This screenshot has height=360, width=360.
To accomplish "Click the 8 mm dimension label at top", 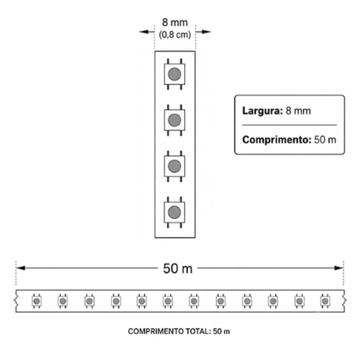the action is click(x=175, y=22).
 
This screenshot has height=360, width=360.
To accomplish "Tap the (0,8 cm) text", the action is click(x=175, y=35).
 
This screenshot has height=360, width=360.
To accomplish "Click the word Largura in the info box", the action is click(x=263, y=111).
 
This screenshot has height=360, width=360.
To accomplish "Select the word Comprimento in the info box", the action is click(x=276, y=140).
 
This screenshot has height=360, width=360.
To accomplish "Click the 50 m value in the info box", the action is click(x=325, y=140).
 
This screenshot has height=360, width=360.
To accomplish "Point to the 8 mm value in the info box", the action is click(x=298, y=111).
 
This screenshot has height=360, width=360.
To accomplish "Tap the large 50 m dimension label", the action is click(x=178, y=269).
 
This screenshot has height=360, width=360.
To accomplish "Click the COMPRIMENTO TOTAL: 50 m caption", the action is click(x=179, y=331).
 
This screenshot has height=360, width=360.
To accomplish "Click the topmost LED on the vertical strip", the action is click(x=174, y=74).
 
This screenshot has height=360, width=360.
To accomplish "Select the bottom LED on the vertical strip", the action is click(x=174, y=212).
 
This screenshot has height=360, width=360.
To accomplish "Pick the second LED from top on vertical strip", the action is click(x=174, y=120).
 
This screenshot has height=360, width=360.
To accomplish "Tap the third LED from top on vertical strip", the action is click(x=174, y=166).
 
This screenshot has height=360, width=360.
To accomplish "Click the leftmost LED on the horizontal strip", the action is click(x=37, y=301).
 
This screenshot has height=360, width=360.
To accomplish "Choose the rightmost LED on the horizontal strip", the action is click(x=325, y=301).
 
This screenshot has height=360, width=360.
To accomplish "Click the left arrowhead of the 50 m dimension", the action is click(x=21, y=268).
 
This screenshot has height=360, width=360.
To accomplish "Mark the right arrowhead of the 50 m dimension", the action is click(x=338, y=268).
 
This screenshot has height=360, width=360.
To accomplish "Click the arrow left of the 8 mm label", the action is click(x=147, y=32).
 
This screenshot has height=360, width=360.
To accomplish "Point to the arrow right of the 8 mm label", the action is click(x=204, y=32).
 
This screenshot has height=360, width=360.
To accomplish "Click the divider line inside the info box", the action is click(x=289, y=125).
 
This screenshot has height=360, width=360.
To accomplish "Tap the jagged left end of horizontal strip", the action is click(x=17, y=301).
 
